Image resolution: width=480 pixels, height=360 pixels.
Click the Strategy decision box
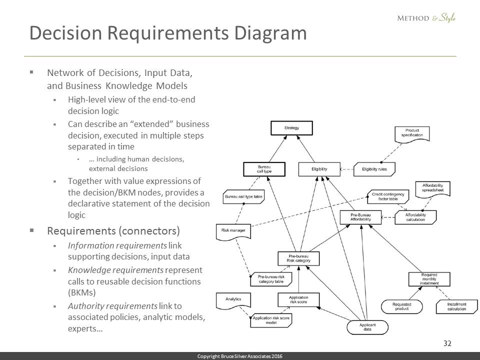click(291, 128)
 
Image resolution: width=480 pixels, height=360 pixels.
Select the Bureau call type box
click(264, 169)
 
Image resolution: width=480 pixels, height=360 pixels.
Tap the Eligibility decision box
click(319, 169)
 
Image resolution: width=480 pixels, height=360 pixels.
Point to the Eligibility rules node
click(374, 169)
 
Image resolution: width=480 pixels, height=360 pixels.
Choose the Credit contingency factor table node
click(388, 196)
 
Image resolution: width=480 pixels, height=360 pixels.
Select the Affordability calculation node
click(415, 217)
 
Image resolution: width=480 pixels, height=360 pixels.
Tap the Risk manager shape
click(233, 231)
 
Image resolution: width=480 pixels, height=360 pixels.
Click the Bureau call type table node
click(244, 196)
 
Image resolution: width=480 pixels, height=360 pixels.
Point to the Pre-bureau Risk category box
click(298, 258)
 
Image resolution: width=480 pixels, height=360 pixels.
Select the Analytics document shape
click(233, 299)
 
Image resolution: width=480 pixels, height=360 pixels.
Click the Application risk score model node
click(270, 320)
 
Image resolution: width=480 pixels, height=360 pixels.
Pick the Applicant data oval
click(367, 327)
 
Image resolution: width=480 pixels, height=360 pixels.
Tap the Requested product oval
click(402, 306)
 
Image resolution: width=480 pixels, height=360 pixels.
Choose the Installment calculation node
click(456, 306)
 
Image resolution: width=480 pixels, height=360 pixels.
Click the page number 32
click(447, 343)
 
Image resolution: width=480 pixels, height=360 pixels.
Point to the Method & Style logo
click(426, 18)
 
